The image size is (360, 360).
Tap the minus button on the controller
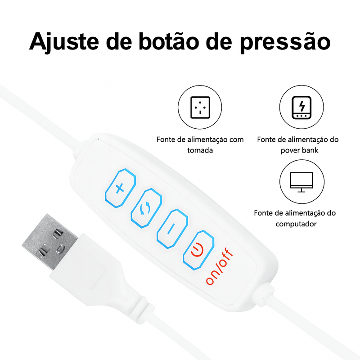[x=171, y=228]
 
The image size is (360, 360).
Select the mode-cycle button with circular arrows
[x=146, y=208]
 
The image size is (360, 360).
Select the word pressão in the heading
[x=286, y=42]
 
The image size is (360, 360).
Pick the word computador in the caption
[x=295, y=223]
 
